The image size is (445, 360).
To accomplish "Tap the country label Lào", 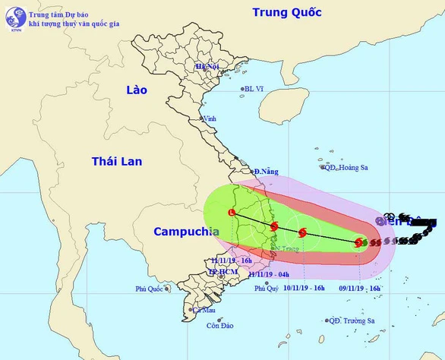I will tap(137, 90).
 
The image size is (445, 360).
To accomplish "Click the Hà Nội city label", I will tap(207, 67).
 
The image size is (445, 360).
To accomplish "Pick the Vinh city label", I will tap(209, 118).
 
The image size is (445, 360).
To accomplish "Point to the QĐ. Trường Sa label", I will tap(355, 321).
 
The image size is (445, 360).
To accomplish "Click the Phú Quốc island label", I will tap(150, 289).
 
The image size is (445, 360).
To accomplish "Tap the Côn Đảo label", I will tap(219, 327).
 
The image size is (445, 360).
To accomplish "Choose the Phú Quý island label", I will tap(267, 289).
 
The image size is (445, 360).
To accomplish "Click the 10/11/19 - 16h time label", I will tap(304, 288).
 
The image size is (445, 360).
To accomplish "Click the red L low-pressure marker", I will tap(232, 213).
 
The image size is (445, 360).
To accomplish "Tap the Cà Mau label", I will tap(204, 310).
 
